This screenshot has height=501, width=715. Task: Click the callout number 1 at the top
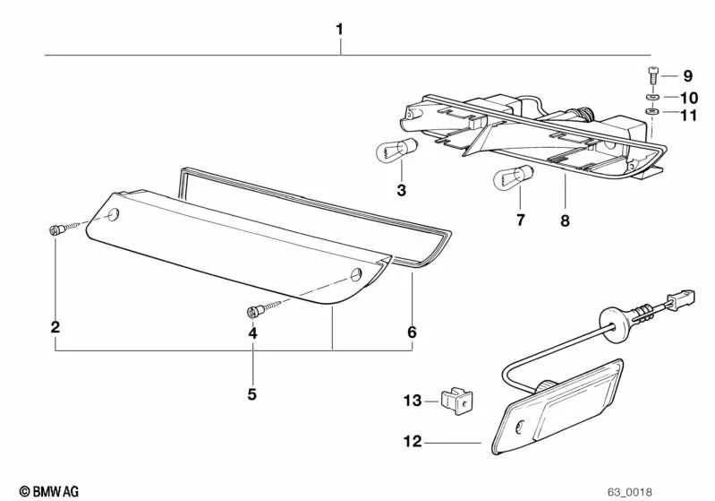pyautogui.click(x=340, y=30)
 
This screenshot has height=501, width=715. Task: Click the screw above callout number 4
pyautogui.click(x=253, y=312)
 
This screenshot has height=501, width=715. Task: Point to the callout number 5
pyautogui.click(x=252, y=393)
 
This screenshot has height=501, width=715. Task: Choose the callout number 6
pyautogui.click(x=412, y=333)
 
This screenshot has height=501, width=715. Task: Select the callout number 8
pyautogui.click(x=565, y=219)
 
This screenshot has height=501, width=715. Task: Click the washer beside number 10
pyautogui.click(x=651, y=97)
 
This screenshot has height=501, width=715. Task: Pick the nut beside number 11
pyautogui.click(x=652, y=113)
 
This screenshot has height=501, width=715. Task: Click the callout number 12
pyautogui.click(x=412, y=442)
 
